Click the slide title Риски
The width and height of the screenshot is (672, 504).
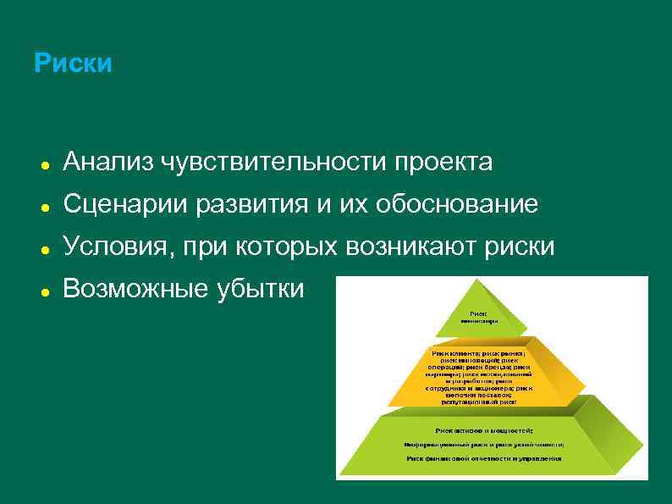click(73, 64)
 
